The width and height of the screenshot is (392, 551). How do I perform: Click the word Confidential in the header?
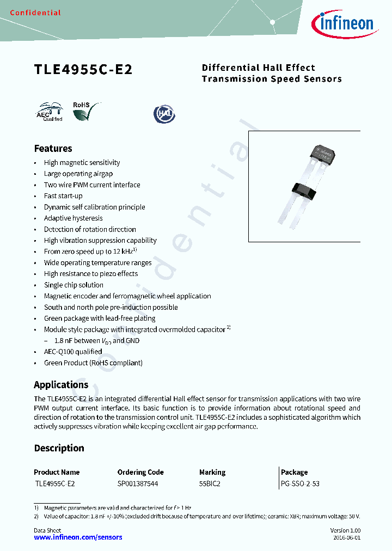point(35,13)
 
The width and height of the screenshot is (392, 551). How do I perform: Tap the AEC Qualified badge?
point(50,112)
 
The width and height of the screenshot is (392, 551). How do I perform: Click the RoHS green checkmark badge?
point(87,111)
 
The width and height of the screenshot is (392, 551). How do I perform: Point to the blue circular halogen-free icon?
point(164,113)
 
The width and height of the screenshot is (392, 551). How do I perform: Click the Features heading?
point(53,149)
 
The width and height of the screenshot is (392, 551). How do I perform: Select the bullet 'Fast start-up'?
point(63,196)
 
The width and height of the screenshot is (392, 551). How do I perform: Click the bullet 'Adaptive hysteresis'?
point(73,218)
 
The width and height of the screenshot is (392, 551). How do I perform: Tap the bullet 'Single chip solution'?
point(73,285)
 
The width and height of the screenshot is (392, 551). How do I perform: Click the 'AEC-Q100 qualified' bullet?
point(73,352)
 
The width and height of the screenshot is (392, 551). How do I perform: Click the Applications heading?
point(61,385)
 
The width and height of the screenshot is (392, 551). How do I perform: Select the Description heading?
point(59,449)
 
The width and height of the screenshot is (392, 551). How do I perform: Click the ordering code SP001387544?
point(138,483)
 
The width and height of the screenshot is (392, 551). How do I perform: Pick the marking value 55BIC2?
point(210,483)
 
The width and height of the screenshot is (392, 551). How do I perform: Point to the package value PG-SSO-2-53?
point(300,483)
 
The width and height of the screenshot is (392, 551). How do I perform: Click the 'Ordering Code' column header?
point(140,472)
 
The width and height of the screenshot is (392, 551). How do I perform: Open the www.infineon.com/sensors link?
point(78,537)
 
